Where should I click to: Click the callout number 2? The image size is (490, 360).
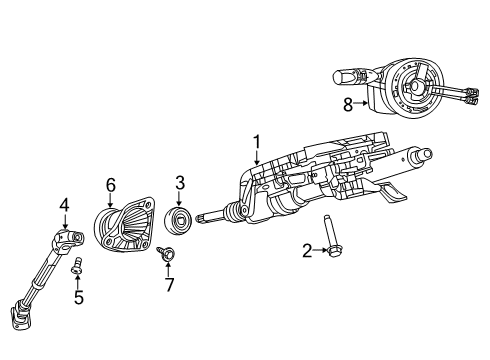coord(307,252)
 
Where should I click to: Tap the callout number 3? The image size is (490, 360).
coord(181,182)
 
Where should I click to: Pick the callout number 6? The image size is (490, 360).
coord(111,183)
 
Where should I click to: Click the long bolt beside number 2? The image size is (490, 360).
coord(329,238)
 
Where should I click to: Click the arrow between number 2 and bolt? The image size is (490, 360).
coord(318,252)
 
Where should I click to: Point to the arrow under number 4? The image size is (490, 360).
coord(63,222)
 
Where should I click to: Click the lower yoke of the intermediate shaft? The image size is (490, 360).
coord(22,343)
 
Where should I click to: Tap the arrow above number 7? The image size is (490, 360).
coord(168,269)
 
